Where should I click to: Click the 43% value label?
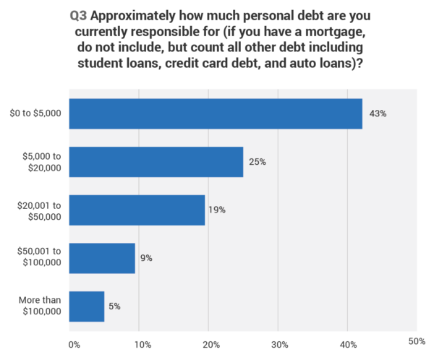[377, 114]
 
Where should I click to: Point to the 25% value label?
[258, 162]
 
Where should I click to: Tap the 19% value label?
[218, 210]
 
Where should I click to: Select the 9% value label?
[146, 258]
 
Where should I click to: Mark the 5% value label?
[115, 306]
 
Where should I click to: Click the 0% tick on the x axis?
[73, 343]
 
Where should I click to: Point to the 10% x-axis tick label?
[142, 343]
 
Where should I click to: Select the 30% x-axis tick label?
[279, 343]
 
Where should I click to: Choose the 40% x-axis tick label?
[348, 343]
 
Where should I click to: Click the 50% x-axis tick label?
[417, 340]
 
